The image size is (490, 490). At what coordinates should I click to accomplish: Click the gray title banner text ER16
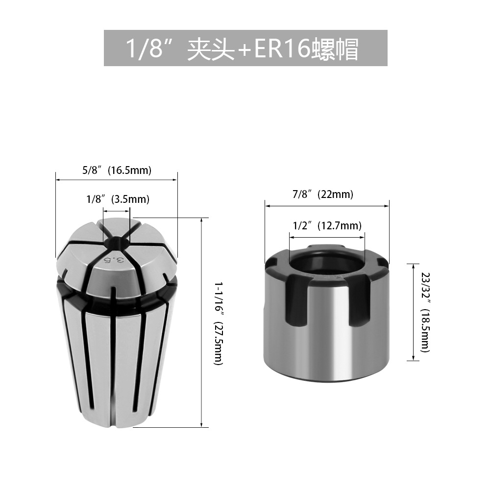tap(282, 49)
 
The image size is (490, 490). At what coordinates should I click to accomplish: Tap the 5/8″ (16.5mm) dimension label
tap(117, 171)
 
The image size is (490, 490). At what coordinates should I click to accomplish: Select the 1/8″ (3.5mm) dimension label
tap(118, 199)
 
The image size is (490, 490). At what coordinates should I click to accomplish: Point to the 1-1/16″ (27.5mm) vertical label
tap(218, 323)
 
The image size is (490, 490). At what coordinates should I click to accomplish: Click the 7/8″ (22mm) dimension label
tap(323, 195)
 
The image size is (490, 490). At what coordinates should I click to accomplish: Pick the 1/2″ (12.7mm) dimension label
tap(327, 225)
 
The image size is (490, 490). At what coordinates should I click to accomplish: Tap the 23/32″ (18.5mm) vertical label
tap(426, 312)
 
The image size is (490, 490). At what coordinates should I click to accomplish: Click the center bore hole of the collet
tap(116, 243)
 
